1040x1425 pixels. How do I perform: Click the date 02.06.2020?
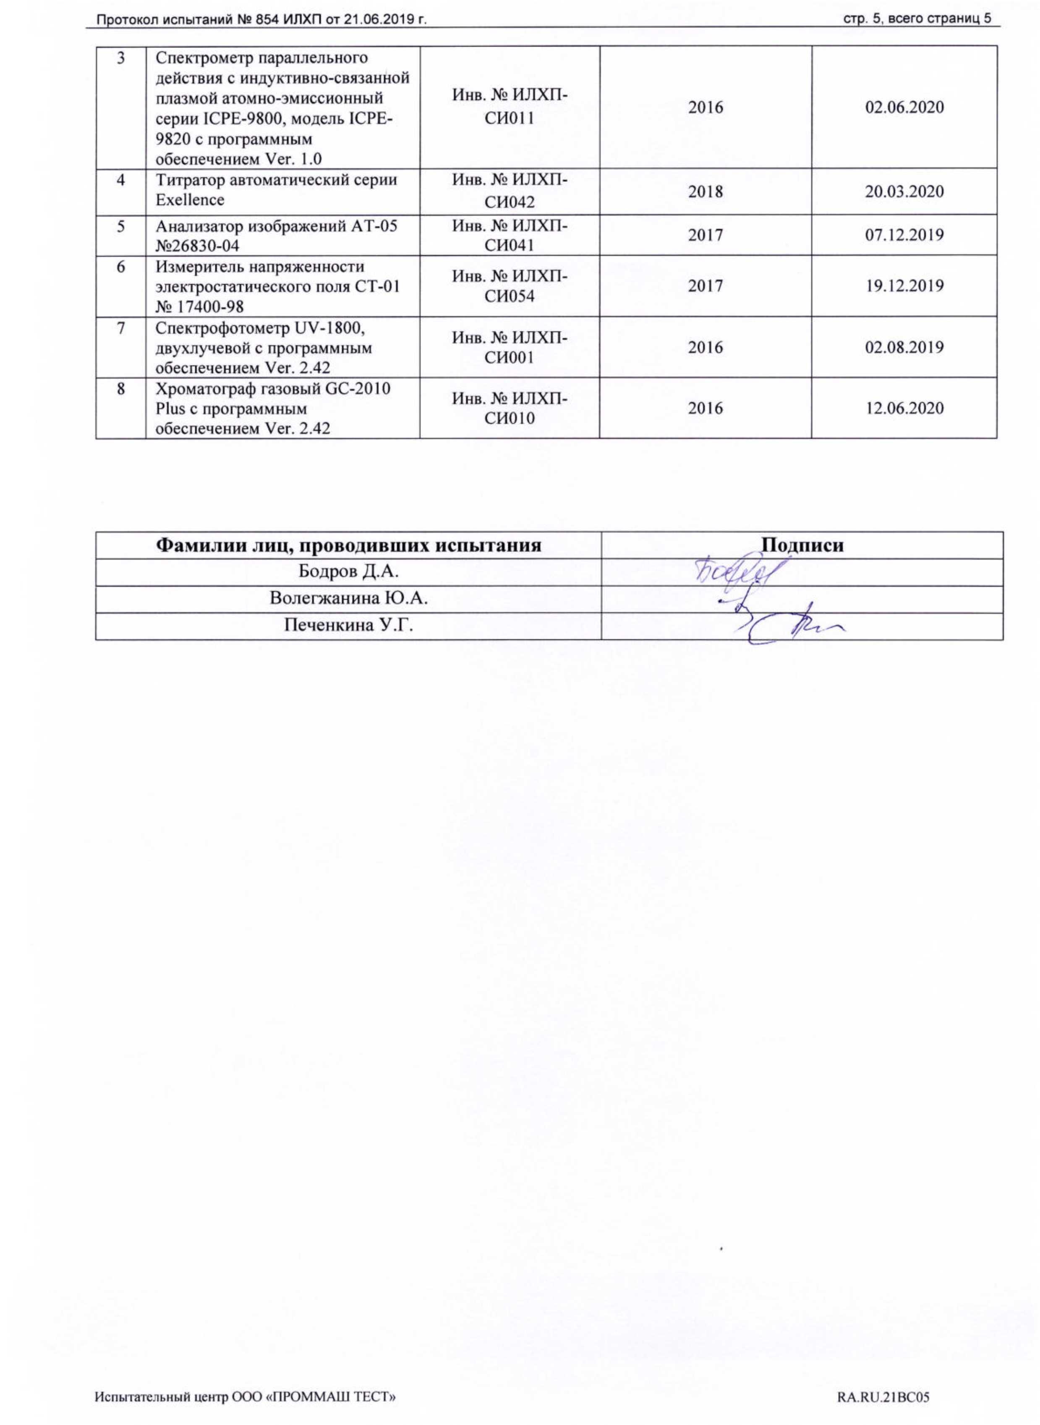click(x=904, y=107)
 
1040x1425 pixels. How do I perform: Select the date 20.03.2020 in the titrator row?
click(x=904, y=191)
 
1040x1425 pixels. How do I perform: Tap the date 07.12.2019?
click(x=904, y=235)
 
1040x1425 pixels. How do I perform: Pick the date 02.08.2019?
click(x=904, y=347)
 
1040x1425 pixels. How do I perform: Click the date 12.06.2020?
click(x=904, y=408)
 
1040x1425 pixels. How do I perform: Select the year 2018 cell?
click(x=705, y=191)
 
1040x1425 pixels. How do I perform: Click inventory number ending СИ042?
click(x=510, y=191)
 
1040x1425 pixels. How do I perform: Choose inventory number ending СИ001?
click(x=510, y=347)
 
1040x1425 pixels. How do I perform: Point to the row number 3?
click(x=120, y=58)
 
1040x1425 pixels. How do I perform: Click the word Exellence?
click(x=190, y=200)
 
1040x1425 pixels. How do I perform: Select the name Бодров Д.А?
click(x=348, y=572)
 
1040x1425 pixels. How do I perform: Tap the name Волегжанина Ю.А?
click(x=348, y=598)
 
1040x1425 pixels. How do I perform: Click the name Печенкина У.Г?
click(x=348, y=625)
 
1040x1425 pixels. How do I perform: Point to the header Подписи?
click(x=802, y=545)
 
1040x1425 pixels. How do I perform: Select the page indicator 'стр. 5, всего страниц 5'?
click(x=917, y=19)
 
